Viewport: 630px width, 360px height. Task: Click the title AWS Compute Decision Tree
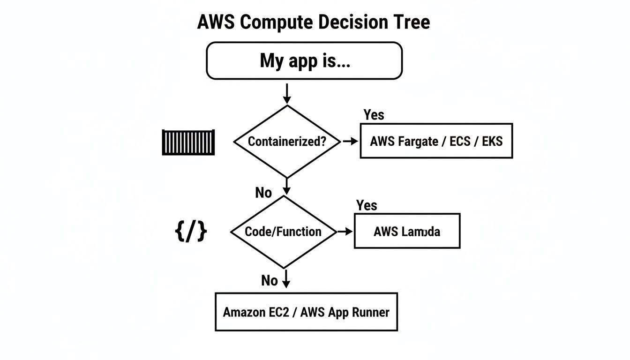(x=313, y=22)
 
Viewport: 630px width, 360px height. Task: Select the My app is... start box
(x=304, y=60)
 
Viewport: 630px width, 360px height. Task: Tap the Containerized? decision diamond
(x=287, y=141)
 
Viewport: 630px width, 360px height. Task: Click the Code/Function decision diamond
(x=283, y=232)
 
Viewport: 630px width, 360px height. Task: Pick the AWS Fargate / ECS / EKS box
(x=436, y=141)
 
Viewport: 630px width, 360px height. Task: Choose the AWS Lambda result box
(x=407, y=231)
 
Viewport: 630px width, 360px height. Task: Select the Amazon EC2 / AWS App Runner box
(x=306, y=312)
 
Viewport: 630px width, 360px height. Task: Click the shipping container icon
(x=188, y=142)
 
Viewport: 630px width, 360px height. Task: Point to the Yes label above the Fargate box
(x=374, y=115)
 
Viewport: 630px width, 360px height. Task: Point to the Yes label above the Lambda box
(x=367, y=205)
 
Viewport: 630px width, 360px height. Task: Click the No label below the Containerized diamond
(x=263, y=192)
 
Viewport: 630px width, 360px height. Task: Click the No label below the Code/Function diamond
(x=269, y=280)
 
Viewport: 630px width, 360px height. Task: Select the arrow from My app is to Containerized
(x=287, y=93)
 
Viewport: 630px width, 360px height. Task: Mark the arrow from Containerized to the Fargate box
(x=350, y=141)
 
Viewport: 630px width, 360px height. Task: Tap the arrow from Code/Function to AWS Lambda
(x=345, y=231)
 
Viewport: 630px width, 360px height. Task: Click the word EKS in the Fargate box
(x=492, y=141)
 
